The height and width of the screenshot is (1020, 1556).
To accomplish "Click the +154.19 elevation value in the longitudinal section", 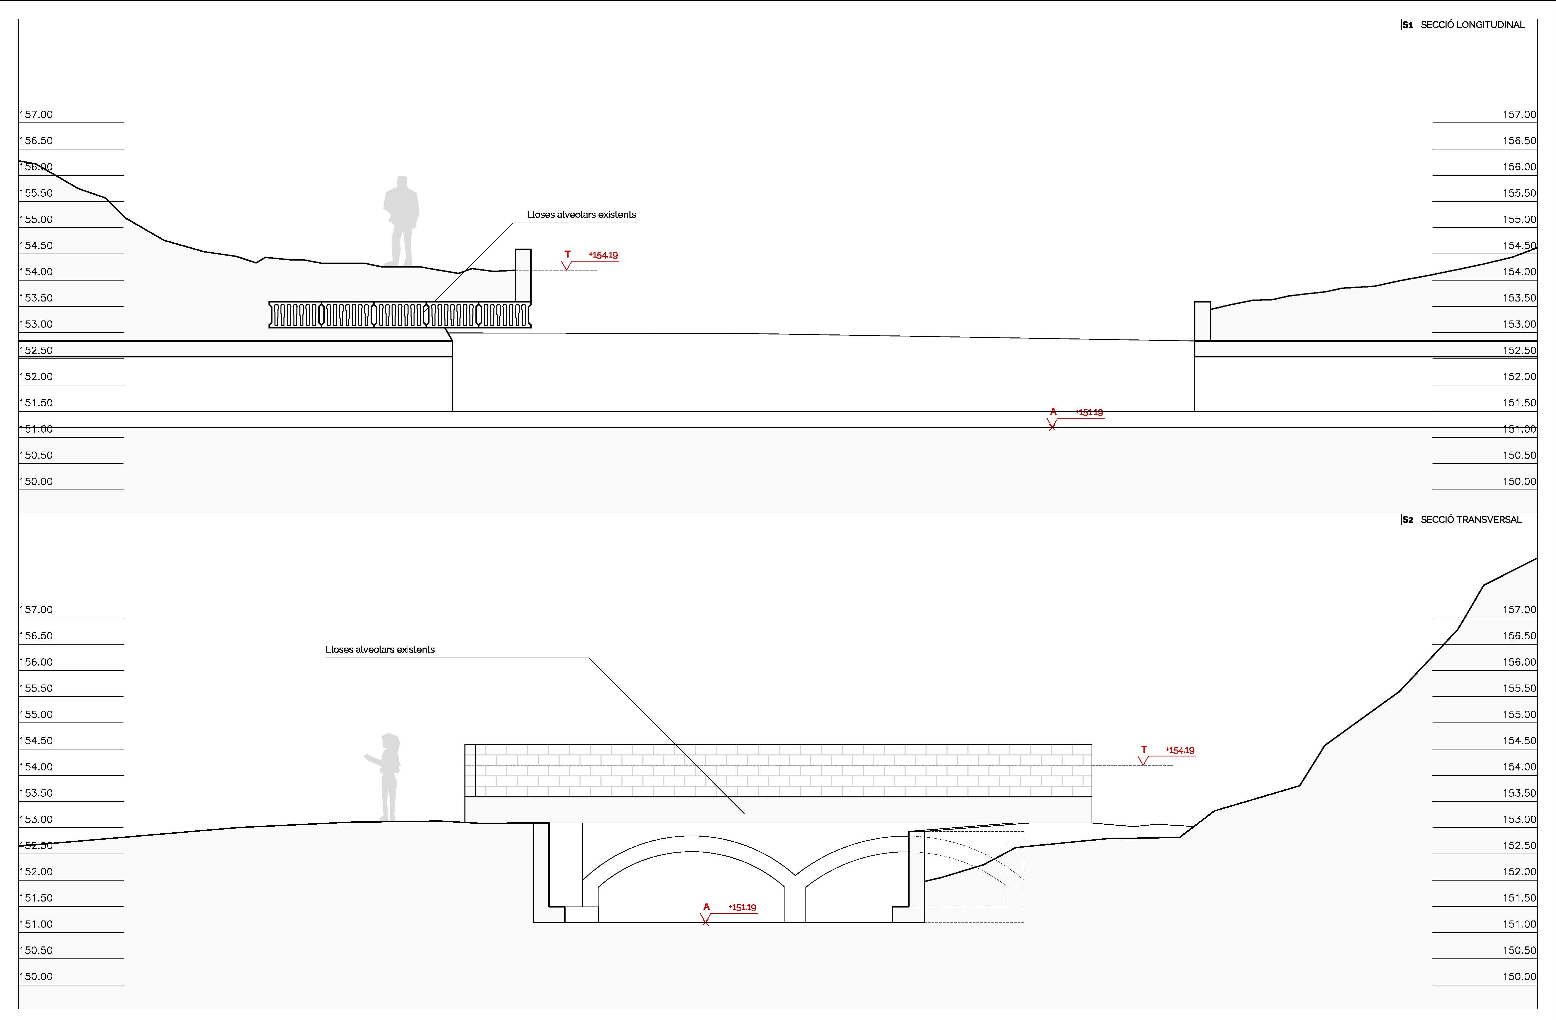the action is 604,255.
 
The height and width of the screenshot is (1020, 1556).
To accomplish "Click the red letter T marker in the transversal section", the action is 1144,749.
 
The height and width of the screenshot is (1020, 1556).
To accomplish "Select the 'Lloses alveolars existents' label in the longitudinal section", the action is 581,214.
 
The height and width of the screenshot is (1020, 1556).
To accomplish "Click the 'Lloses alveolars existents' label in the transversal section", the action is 380,649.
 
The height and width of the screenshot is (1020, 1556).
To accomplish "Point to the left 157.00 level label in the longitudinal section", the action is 36,114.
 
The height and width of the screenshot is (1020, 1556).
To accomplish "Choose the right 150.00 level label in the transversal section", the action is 1519,976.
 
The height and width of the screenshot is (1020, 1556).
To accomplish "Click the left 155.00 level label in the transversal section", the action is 36,714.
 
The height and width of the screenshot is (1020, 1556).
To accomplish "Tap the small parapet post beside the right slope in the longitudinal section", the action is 1202,321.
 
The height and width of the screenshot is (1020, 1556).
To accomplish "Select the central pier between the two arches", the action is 795,899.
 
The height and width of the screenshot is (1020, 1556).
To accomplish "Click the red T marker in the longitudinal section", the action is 568,254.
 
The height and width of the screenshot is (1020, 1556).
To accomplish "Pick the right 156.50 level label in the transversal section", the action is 1519,636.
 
